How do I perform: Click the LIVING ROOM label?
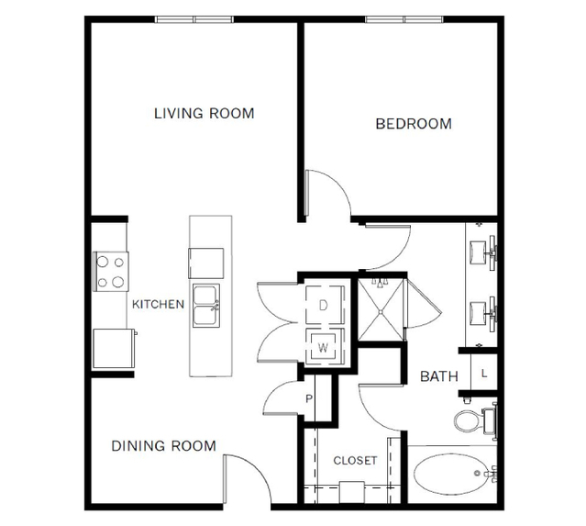[205, 113]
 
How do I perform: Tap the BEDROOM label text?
[414, 124]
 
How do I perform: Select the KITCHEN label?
[158, 304]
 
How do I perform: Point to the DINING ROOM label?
[163, 445]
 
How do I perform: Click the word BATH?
[439, 376]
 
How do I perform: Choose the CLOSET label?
[355, 460]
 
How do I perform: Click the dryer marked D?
[324, 305]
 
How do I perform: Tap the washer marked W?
[324, 346]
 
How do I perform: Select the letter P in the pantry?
[309, 398]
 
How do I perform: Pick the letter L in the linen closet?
[484, 374]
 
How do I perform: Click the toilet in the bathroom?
[475, 420]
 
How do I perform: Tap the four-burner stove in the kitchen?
[111, 272]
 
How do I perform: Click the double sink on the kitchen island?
[206, 306]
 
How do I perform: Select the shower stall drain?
[381, 311]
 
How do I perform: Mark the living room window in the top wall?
[194, 19]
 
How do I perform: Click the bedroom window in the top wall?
[404, 19]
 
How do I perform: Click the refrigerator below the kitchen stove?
[114, 348]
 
